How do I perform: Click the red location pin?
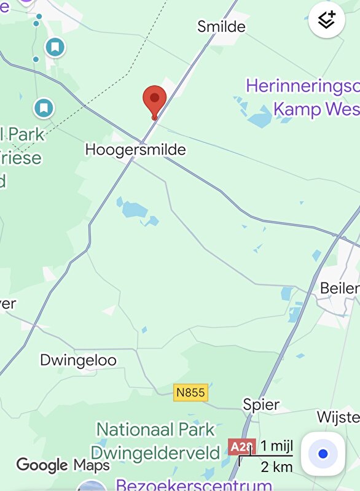(x=155, y=99)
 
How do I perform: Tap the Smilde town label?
(x=221, y=26)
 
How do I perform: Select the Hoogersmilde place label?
(x=135, y=150)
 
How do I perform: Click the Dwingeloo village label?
(x=78, y=360)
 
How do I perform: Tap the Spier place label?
(x=261, y=405)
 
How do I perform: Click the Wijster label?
(x=338, y=417)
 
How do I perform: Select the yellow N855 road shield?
(x=191, y=392)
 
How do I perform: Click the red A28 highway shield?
(x=240, y=447)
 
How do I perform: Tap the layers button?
(x=327, y=20)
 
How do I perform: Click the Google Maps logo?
(x=63, y=465)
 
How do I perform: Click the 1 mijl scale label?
(x=275, y=446)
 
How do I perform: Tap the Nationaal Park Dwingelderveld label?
(x=155, y=441)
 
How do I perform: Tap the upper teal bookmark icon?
(x=55, y=46)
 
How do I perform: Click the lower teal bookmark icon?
(x=44, y=109)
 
